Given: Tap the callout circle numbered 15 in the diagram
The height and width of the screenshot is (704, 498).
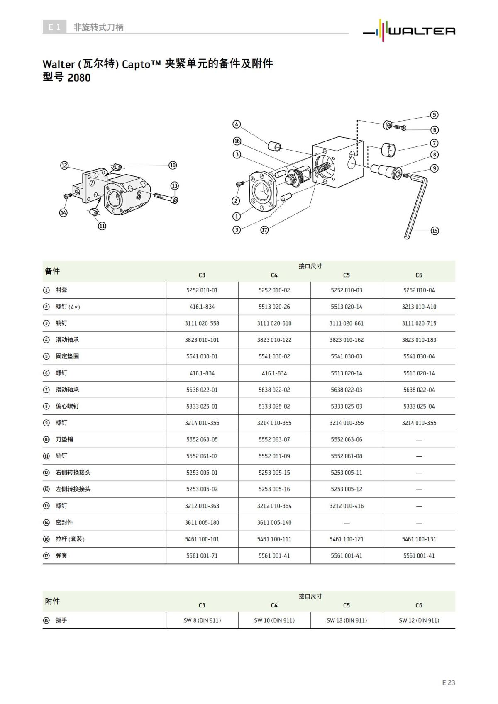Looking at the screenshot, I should [435, 231].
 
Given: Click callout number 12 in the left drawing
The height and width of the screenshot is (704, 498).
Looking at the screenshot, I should [64, 165].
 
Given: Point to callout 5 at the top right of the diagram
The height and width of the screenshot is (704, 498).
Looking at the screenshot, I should [434, 115].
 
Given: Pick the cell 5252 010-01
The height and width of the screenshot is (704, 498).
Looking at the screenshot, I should [202, 290].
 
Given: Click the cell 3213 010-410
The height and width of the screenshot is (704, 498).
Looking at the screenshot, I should [419, 307].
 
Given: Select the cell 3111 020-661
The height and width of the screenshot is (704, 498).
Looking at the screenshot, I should [346, 324].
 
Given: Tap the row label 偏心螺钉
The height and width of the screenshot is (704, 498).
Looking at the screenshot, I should [67, 406].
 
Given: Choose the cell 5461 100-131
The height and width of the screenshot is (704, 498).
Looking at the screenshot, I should [419, 539].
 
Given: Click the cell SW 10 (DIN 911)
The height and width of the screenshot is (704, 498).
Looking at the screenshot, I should [274, 621].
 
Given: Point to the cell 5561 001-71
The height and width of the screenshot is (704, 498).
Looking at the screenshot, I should [202, 556].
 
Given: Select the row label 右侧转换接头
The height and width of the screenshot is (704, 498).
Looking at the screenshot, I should [73, 473].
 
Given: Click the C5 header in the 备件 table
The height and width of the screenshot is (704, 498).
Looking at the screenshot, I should [346, 275].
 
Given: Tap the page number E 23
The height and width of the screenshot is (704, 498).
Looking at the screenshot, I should [448, 683].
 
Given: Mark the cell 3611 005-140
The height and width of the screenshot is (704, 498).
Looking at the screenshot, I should [274, 523].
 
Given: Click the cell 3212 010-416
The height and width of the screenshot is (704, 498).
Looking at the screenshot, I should [346, 506].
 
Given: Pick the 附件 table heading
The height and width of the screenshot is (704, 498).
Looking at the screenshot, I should [52, 602].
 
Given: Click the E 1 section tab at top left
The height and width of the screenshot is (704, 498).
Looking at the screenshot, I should [54, 27].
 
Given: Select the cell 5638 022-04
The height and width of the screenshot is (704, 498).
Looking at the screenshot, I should [419, 390].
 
